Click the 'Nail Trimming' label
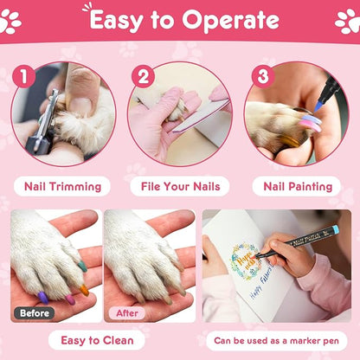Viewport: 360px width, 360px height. point(62,186)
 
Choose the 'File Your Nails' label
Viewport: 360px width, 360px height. point(180,186)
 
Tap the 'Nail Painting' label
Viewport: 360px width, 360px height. point(298,186)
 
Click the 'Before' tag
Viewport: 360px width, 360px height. point(34,312)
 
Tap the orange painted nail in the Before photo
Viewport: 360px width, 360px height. point(84,290)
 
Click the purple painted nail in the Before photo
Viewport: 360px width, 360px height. point(42,297)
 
